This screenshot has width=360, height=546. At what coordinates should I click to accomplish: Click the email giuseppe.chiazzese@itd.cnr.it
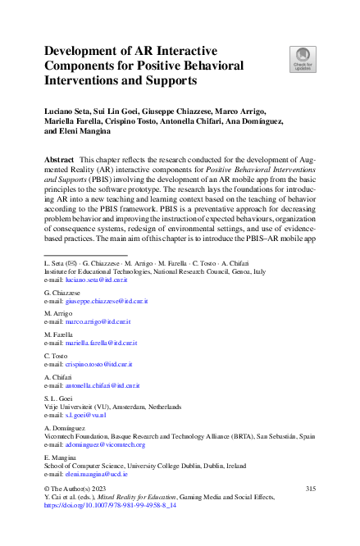105,302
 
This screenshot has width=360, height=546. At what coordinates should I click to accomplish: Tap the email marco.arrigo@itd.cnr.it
97,324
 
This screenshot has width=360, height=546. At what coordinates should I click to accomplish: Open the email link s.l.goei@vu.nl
84,416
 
